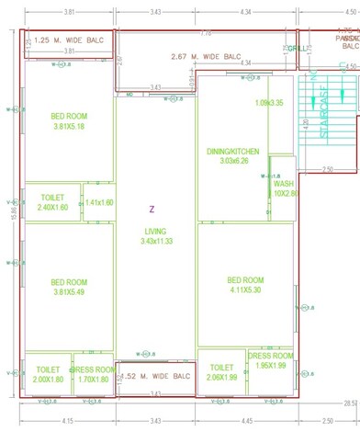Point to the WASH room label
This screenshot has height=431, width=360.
pos(283,188)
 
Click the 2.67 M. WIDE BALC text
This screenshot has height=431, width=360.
pos(206,56)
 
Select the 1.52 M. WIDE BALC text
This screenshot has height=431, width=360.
pos(155,376)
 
